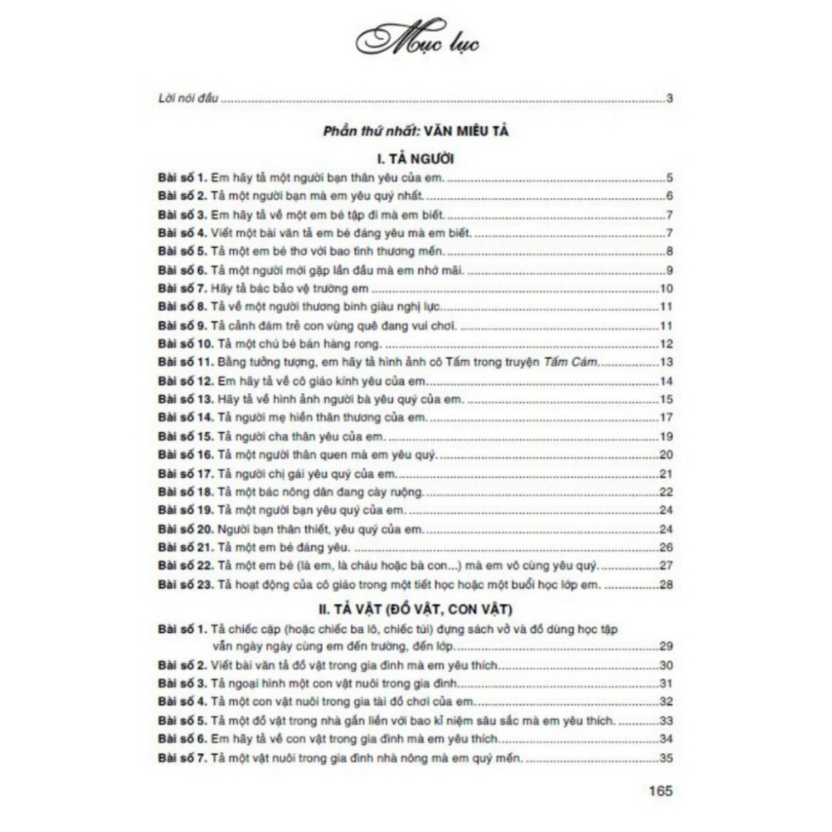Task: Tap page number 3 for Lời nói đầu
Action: tap(669, 100)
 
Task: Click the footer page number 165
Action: tap(661, 790)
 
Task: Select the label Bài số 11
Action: tap(185, 362)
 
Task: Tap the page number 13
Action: tap(665, 362)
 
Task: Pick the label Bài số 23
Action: tap(185, 586)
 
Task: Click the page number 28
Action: tap(665, 586)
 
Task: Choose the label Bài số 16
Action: tap(185, 455)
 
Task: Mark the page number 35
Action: tap(665, 757)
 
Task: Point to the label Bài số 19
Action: tap(185, 511)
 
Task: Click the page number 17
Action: tap(665, 418)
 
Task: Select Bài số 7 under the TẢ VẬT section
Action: tap(182, 757)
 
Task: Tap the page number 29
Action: tap(665, 645)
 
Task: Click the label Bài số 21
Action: tap(185, 548)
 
